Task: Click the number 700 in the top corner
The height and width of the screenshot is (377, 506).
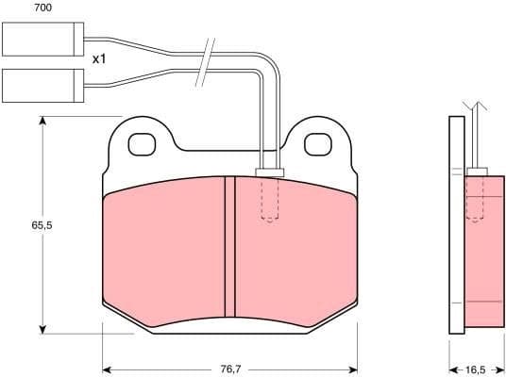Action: click(16, 8)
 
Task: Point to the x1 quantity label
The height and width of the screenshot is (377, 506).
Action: click(99, 58)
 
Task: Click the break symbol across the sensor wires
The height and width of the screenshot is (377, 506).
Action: click(206, 63)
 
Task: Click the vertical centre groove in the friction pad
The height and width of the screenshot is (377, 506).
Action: click(228, 248)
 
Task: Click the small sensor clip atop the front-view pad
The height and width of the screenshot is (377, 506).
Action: click(270, 172)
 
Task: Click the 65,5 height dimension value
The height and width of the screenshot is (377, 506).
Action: click(41, 227)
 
